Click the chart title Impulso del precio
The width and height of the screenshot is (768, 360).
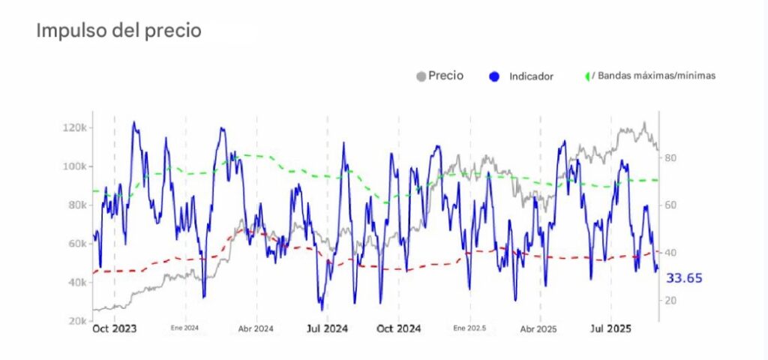tap(118, 31)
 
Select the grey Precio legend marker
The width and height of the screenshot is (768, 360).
tap(421, 76)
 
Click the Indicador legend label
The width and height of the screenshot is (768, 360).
tap(531, 76)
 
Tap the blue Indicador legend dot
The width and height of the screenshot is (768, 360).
tap(493, 76)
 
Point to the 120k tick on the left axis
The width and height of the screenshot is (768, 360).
tap(75, 127)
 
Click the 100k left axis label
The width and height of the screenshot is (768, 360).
tap(75, 166)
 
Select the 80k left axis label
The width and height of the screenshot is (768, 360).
tap(77, 205)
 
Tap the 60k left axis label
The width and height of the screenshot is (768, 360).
tap(77, 244)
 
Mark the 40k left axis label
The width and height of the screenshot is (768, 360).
tap(77, 283)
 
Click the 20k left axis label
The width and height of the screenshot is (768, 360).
tap(77, 321)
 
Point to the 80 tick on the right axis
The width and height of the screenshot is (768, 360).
tap(670, 157)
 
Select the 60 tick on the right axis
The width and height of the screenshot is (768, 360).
tap(670, 205)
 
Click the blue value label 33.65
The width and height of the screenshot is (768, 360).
tap(684, 278)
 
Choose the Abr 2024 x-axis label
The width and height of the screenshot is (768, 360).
tap(256, 328)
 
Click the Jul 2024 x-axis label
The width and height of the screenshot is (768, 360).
tap(327, 328)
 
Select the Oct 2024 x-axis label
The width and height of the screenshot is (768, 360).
tap(398, 328)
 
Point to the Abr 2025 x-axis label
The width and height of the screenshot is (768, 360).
tap(538, 328)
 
